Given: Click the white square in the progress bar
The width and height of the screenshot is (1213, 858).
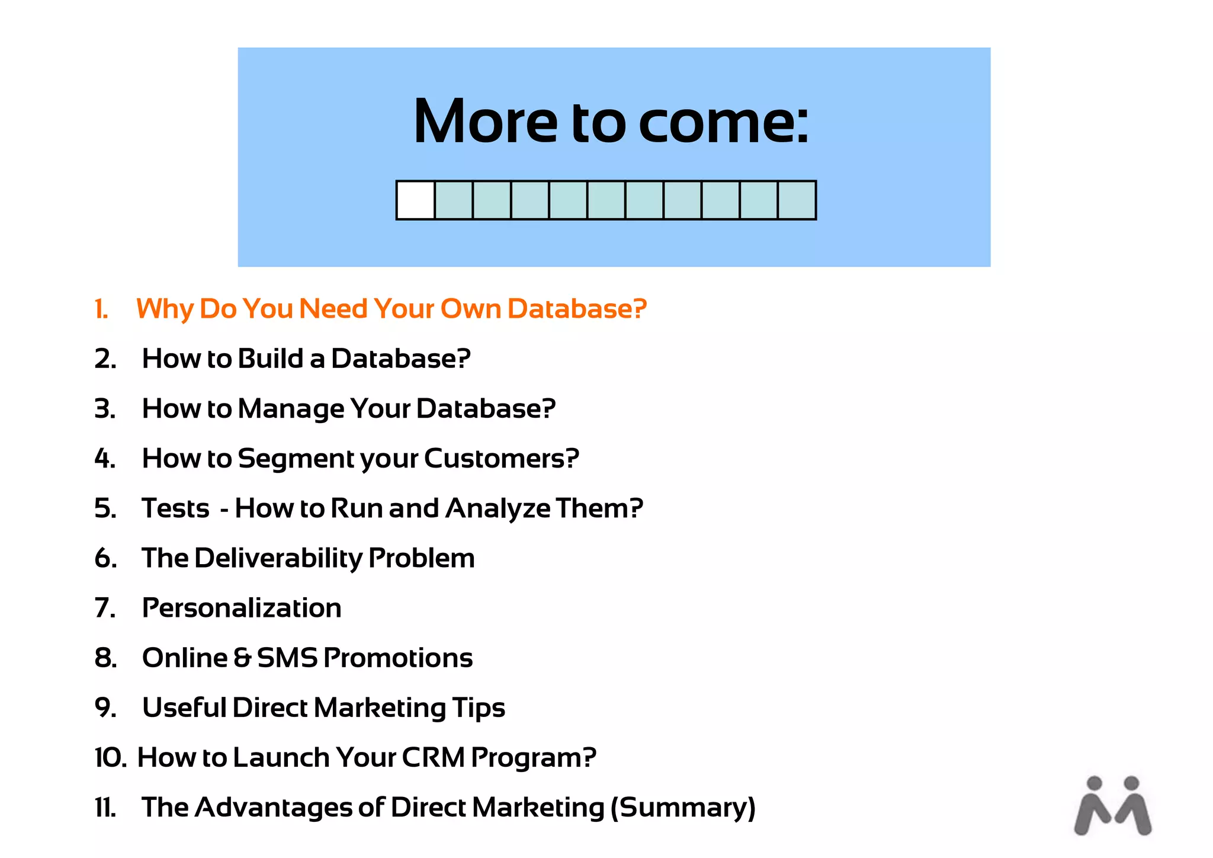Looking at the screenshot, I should click(416, 200).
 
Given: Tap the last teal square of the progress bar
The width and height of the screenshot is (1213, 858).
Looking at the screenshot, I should click(797, 200).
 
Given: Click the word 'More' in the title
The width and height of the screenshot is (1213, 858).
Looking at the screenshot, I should click(485, 121).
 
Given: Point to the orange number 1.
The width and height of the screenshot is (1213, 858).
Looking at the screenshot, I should click(101, 309).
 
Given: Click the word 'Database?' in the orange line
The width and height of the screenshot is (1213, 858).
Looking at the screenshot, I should click(577, 309).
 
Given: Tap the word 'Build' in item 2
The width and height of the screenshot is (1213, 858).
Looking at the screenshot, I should click(271, 358).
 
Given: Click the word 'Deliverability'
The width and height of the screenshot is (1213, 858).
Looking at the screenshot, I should click(278, 559).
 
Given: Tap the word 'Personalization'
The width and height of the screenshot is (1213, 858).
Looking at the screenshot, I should click(242, 608).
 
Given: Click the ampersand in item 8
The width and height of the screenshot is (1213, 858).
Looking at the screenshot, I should click(242, 658).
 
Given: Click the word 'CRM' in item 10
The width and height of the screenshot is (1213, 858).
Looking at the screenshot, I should click(434, 758).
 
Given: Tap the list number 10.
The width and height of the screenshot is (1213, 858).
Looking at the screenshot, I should click(110, 758).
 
